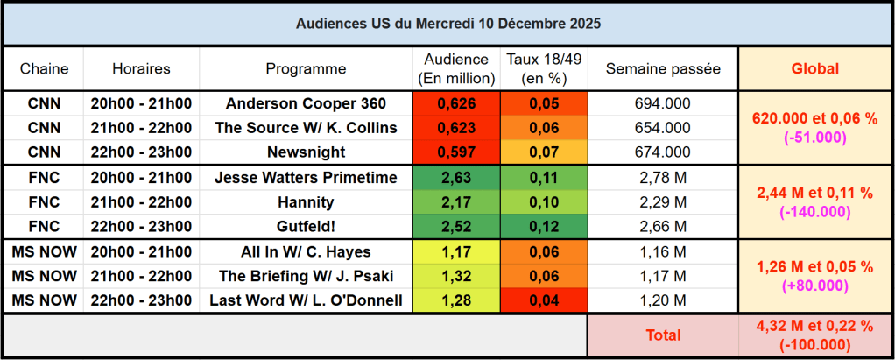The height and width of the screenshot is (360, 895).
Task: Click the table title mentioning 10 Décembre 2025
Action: coord(447,23)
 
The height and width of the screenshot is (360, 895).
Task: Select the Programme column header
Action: coord(306,68)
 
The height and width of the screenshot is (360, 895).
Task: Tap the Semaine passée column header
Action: coord(662,68)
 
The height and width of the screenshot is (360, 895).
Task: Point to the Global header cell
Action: coord(814,68)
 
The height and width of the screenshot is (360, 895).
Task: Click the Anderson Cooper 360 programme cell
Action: coord(306,103)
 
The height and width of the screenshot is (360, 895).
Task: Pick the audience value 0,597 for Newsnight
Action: coord(455,152)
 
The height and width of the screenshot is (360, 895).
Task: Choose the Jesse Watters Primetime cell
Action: coord(306,178)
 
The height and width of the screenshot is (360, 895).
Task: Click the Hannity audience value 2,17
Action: coord(455,202)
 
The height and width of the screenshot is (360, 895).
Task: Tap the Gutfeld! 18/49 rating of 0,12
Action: coord(543,227)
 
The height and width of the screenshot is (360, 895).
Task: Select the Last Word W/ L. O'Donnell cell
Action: coord(306,301)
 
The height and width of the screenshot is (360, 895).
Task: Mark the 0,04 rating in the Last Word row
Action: coord(543,301)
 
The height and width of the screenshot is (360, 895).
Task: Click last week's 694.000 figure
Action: coord(662,103)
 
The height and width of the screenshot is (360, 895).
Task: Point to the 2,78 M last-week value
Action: coord(662,178)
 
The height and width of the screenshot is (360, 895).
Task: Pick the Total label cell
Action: coord(662,335)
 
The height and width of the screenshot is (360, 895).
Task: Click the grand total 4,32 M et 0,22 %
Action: coord(814,326)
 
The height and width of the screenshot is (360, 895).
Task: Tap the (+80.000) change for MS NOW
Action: coord(814,286)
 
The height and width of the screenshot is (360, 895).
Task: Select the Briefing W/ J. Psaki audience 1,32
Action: coord(455,277)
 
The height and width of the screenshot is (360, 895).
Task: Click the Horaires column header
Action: coord(141,68)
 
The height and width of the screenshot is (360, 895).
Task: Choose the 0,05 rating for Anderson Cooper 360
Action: coord(543,103)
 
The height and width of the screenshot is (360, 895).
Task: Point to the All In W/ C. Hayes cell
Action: coord(306,252)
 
